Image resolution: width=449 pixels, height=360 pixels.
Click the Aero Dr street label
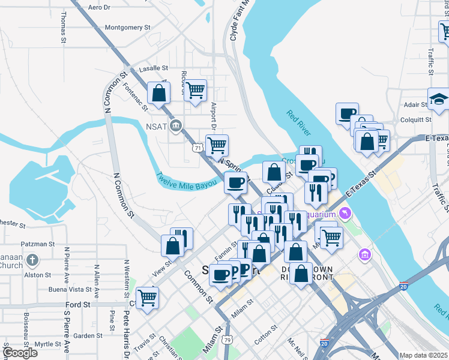tap(100, 7)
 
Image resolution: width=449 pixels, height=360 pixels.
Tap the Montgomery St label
tap(127, 27)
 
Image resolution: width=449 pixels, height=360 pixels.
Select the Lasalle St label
tap(154, 69)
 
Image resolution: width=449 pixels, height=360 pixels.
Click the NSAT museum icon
tap(176, 125)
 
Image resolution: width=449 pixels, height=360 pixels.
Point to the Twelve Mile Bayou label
tap(186, 181)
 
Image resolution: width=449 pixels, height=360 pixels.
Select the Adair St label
tap(415, 104)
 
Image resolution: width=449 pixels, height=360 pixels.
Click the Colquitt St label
tap(416, 119)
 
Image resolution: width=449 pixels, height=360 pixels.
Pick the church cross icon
tap(34, 260)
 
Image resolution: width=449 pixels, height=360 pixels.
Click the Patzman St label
tap(38, 244)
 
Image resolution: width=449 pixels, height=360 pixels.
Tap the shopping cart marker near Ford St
tap(147, 297)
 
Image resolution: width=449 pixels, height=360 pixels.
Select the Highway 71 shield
tap(197, 148)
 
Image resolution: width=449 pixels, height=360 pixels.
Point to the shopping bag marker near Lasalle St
tap(158, 93)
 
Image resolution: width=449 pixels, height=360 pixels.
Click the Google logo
tap(20, 353)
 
